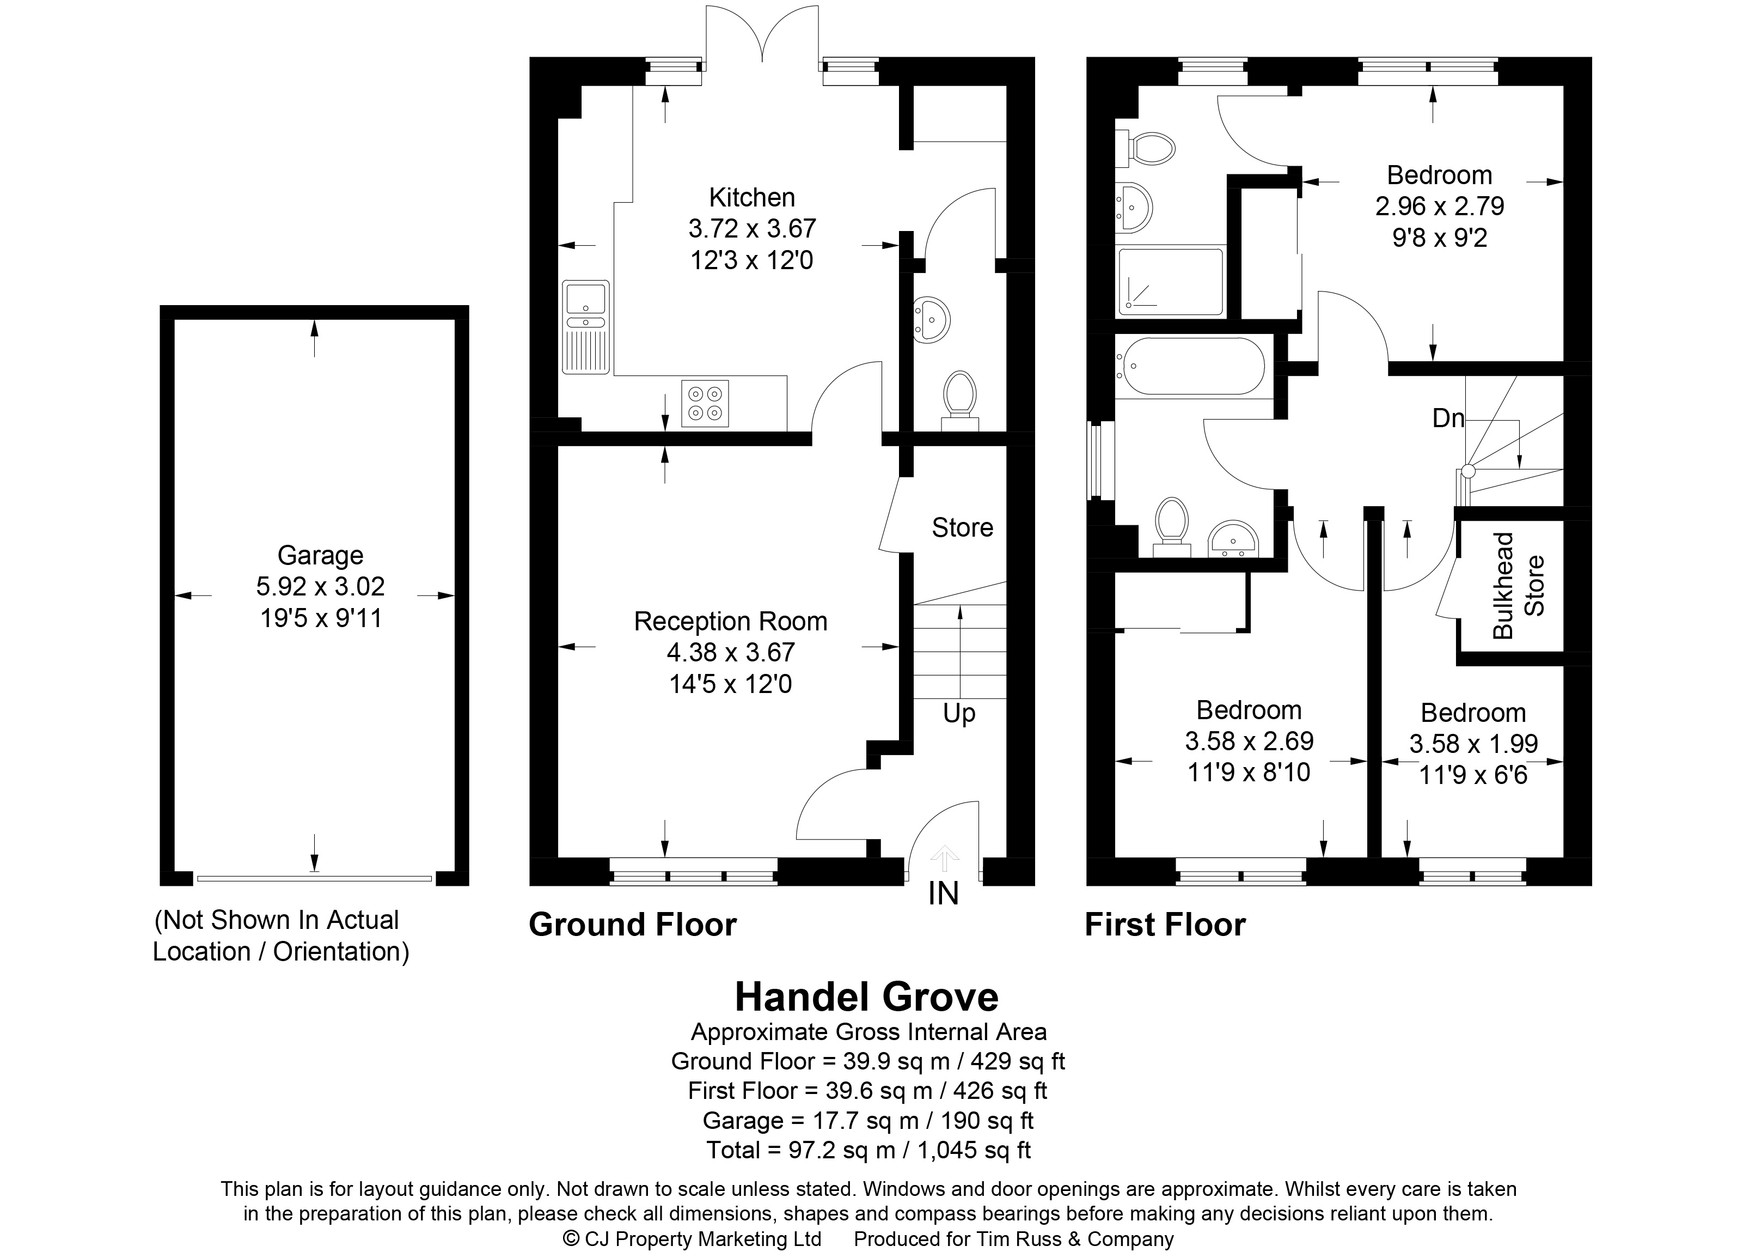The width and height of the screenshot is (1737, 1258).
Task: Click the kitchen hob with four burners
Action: pos(705,403)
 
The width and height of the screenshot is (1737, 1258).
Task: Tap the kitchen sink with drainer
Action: pos(586,327)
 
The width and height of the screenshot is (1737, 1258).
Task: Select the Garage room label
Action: pos(320,555)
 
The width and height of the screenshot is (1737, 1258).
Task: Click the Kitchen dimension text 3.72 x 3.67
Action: pos(752,228)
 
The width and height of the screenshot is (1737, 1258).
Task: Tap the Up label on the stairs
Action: pos(959,713)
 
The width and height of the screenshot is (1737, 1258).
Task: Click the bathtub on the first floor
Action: pos(1190,366)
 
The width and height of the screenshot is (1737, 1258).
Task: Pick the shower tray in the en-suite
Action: pos(1171,281)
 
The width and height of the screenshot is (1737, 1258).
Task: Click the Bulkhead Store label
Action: pos(1518,585)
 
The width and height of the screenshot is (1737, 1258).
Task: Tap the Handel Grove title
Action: pos(866,996)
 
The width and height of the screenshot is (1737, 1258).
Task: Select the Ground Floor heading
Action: pos(633,925)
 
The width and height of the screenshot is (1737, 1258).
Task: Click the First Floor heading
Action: pos(1165,925)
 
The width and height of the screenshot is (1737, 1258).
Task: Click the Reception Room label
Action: pos(731,621)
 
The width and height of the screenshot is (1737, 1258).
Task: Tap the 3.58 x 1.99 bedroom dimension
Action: pos(1473,743)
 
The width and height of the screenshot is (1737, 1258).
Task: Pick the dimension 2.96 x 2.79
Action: pos(1440,206)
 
